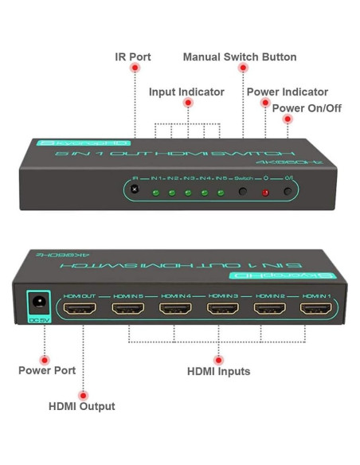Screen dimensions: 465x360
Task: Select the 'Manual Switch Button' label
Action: click(240, 57)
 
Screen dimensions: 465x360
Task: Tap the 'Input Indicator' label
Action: click(186, 92)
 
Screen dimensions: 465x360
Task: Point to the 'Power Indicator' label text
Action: click(287, 92)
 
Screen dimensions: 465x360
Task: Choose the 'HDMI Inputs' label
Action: click(218, 371)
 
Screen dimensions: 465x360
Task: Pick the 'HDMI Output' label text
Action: click(82, 406)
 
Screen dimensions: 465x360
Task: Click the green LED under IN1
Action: click(153, 193)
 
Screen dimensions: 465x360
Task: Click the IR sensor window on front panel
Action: click(135, 190)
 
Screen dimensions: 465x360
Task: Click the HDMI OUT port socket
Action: click(80, 310)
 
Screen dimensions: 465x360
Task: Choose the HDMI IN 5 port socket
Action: click(128, 310)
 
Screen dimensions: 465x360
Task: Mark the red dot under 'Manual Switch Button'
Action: click(244, 69)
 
